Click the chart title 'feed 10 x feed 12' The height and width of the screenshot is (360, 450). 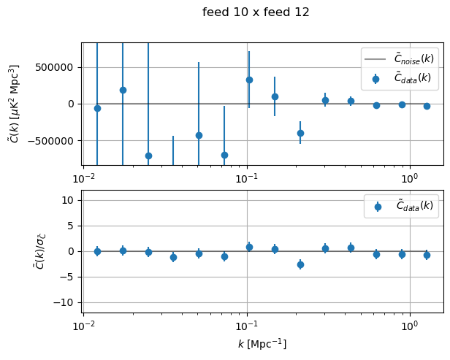tap(256, 12)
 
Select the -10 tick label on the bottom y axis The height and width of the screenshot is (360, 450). tap(67, 302)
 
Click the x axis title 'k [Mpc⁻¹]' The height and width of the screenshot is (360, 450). tap(262, 344)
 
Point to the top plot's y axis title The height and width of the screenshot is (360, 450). tap(15, 104)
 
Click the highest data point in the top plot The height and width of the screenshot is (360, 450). tap(249, 80)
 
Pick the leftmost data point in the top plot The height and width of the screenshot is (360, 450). tap(97, 108)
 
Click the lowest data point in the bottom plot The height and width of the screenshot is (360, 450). tap(300, 264)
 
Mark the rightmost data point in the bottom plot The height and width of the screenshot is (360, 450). tap(427, 255)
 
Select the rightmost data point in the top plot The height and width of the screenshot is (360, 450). tap(427, 106)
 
